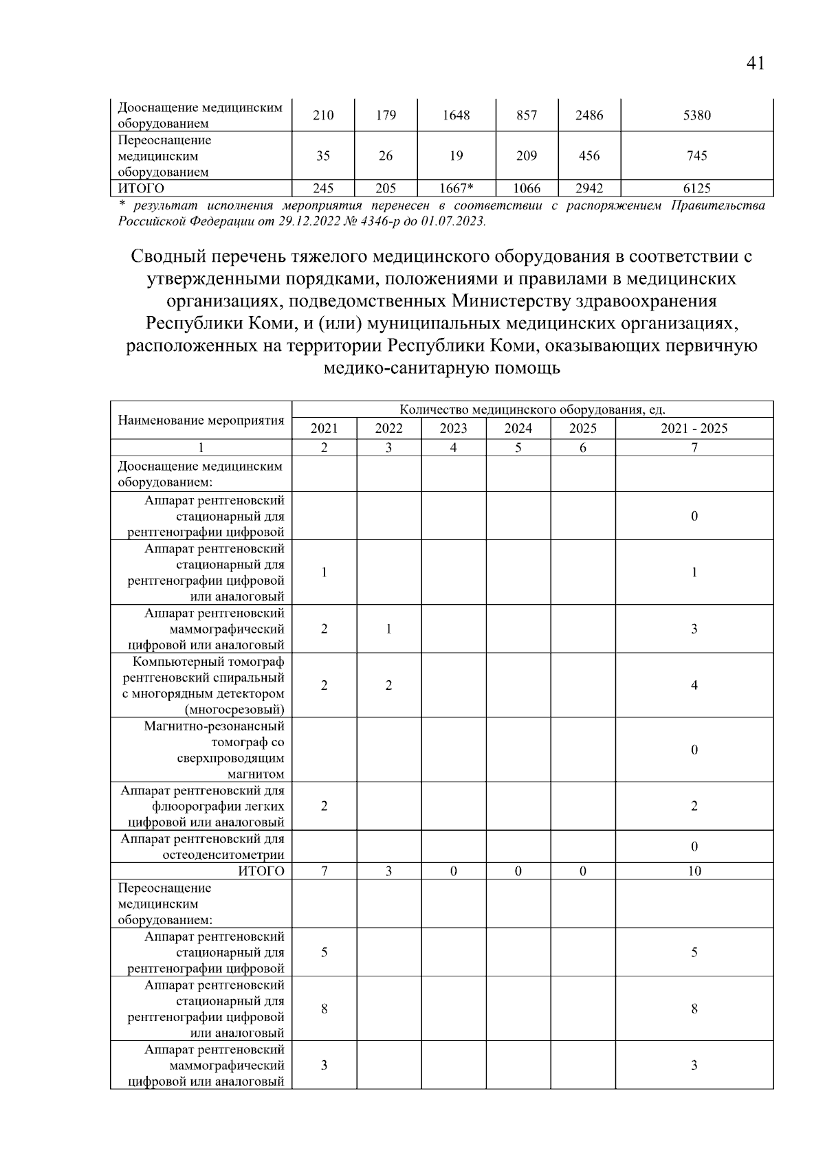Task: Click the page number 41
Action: [x=754, y=64]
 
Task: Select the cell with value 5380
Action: [x=696, y=115]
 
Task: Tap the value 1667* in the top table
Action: [x=456, y=188]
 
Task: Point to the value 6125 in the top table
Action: [x=696, y=188]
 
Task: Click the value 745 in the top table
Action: [x=696, y=156]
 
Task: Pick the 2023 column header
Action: [x=453, y=429]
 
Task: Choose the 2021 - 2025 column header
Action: [x=694, y=429]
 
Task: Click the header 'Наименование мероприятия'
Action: [x=201, y=421]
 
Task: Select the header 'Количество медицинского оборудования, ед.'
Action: [x=532, y=410]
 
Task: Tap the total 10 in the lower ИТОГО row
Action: [x=694, y=871]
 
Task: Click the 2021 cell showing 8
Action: [x=324, y=1009]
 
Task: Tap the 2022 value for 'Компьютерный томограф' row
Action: [x=388, y=685]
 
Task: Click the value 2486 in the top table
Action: [x=589, y=115]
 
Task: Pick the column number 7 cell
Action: [x=694, y=448]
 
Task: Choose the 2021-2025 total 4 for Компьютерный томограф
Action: [x=694, y=685]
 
